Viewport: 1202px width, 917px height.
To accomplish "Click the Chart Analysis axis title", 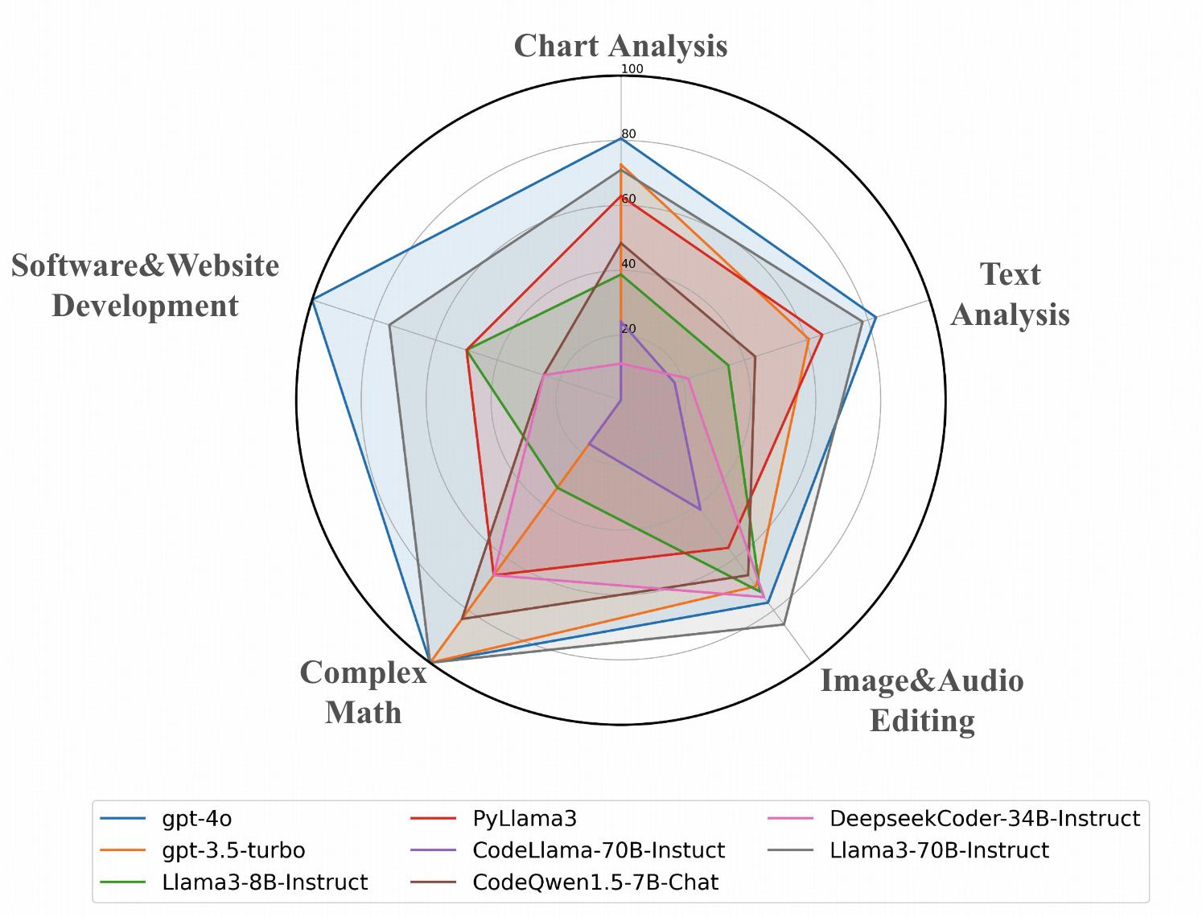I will (x=620, y=46).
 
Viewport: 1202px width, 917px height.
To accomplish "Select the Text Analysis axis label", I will (x=1010, y=294).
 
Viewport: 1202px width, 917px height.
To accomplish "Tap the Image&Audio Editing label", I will (x=922, y=700).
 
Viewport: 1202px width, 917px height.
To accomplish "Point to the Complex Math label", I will (x=364, y=692).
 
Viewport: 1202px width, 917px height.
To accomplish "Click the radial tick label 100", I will (x=632, y=69).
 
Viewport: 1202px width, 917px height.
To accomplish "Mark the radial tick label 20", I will (x=628, y=329).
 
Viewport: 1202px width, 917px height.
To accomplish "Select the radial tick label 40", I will (x=628, y=264).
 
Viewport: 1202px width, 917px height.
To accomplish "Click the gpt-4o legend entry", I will (x=197, y=819).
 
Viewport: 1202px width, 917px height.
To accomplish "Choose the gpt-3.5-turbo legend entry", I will (x=233, y=850).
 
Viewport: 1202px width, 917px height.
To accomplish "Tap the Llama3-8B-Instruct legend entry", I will (x=265, y=882).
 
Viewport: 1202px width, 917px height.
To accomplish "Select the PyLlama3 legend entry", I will (x=525, y=819).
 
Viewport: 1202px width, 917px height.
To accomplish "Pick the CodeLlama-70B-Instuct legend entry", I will (x=599, y=850).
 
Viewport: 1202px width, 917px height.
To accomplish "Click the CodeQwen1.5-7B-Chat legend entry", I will (x=595, y=882).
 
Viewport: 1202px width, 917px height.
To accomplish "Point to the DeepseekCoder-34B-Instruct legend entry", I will (x=985, y=819).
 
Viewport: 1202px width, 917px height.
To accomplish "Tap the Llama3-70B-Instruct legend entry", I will (x=940, y=850).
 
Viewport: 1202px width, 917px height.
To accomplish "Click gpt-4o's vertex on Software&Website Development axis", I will (x=313, y=300).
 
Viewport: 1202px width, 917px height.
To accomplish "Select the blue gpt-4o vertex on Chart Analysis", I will (x=620, y=139).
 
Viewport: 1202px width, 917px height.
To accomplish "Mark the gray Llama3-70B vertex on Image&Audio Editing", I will (x=784, y=624).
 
